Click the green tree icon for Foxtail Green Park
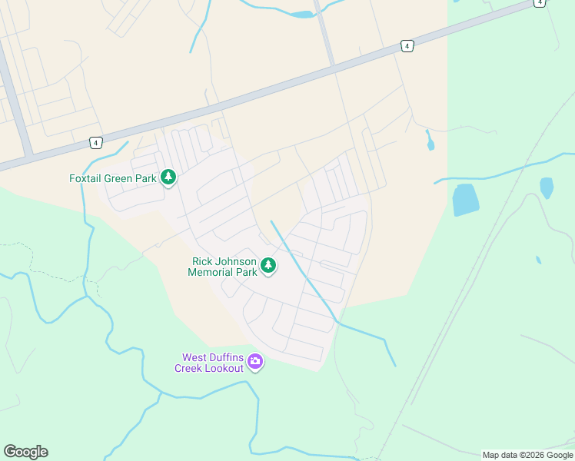tap(168, 178)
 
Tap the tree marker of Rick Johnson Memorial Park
tap(268, 266)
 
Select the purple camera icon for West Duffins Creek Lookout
tap(254, 361)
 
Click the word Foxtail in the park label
tap(87, 178)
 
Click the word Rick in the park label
tap(202, 262)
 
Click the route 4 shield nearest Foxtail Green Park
tap(95, 142)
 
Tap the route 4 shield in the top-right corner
tap(540, 3)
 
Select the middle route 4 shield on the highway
tap(407, 46)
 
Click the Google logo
tap(26, 452)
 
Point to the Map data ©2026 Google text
tap(527, 455)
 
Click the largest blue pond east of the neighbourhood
tap(465, 199)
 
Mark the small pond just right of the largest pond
tap(547, 187)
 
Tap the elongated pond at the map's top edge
tap(301, 14)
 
